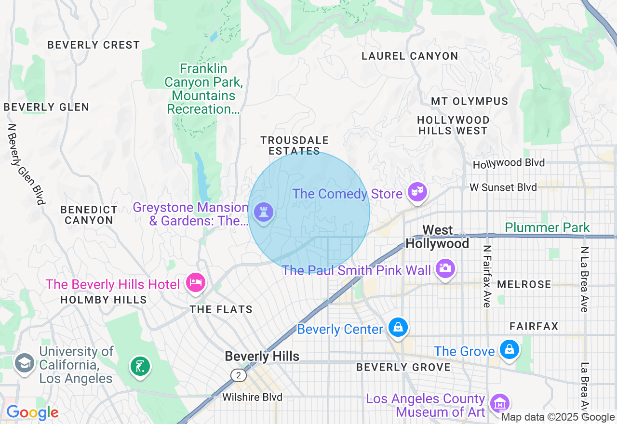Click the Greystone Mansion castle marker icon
pos(263,212)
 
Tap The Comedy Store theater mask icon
pos(417,192)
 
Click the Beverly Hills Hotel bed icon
pos(195,282)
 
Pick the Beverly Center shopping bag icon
pos(398,328)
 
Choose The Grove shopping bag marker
pos(509,349)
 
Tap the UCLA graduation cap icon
pos(24,363)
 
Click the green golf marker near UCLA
pos(140,366)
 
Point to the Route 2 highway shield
pos(238,375)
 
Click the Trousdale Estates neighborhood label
pos(294,146)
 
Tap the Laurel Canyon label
pos(410,56)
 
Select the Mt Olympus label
pos(469,102)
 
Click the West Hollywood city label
pos(437,237)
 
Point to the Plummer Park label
pos(547,227)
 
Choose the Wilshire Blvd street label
pos(252,397)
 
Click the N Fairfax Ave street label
pos(487,276)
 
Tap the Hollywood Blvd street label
pos(509,163)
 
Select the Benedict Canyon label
pos(89,215)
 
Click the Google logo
pos(32,412)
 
